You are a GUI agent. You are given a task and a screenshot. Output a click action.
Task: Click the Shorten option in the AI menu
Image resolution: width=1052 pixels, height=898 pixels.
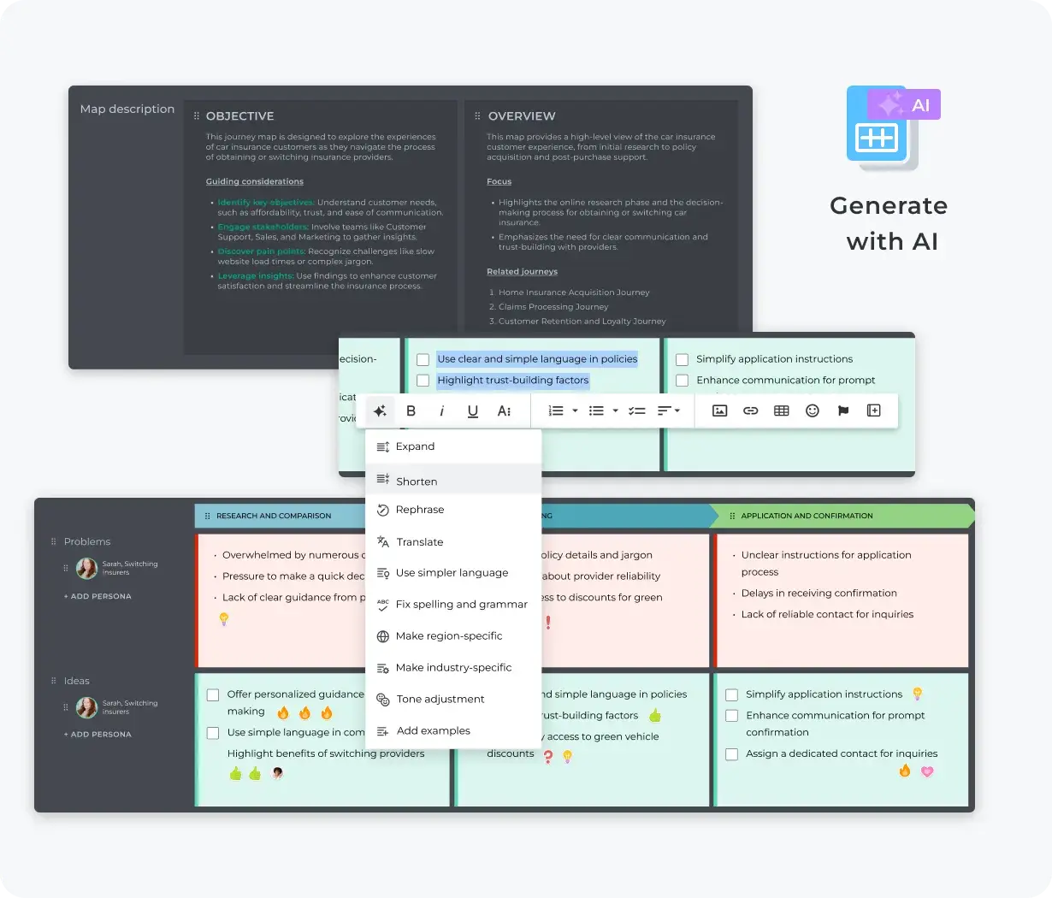[417, 481]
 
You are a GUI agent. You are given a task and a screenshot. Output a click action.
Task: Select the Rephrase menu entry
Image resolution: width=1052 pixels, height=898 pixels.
[419, 510]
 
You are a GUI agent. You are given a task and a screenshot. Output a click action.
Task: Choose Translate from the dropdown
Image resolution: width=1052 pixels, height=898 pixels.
[419, 542]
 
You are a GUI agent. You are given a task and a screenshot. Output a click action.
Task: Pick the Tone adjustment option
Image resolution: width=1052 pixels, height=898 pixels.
[440, 700]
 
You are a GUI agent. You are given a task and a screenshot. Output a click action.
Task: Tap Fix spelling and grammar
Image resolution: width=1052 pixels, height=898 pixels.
[461, 605]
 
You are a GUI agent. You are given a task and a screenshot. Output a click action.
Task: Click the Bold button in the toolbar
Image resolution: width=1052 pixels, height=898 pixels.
[411, 411]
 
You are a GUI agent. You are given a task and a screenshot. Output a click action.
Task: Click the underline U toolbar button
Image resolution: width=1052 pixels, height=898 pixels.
[473, 411]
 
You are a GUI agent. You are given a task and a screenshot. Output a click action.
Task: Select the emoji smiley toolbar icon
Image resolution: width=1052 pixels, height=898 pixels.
[813, 411]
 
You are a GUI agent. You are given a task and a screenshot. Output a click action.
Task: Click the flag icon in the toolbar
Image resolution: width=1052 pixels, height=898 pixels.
[843, 411]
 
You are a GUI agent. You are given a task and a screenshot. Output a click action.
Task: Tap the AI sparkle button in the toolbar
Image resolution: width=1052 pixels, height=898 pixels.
[380, 411]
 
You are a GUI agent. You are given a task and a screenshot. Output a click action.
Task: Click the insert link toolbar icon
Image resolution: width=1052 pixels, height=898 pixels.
[750, 411]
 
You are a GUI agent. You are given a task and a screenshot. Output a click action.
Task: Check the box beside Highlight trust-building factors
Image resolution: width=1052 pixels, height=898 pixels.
[423, 381]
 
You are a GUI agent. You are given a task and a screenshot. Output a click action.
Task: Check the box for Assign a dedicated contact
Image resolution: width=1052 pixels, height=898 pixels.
[732, 754]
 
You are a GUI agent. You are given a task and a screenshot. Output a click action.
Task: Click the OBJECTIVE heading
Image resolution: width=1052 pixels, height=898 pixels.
[239, 116]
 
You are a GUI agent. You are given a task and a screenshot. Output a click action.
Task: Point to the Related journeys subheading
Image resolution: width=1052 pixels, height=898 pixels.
[522, 272]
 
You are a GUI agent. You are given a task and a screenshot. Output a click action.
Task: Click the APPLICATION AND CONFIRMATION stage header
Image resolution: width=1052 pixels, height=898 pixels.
[807, 517]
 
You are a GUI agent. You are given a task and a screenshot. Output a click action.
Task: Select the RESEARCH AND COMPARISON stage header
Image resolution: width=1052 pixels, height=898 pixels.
[274, 517]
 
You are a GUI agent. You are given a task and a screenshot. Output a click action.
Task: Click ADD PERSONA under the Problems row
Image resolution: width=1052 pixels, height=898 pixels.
[98, 597]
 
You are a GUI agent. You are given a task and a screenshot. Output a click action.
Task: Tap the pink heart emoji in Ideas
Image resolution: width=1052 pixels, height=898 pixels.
[927, 771]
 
